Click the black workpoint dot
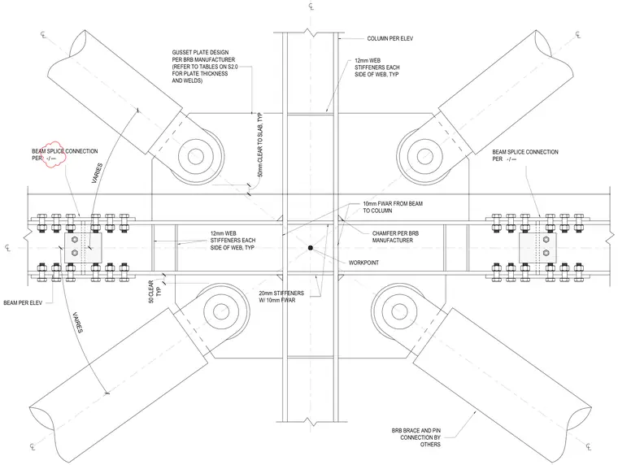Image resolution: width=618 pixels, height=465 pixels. coord(311,248)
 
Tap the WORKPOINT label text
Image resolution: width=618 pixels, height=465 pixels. coord(363,263)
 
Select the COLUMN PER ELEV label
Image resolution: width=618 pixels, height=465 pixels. coord(390,39)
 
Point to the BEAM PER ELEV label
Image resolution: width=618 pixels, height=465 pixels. coord(23,303)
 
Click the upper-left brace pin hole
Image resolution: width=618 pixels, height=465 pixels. coord(195,156)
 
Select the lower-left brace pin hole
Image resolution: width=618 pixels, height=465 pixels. coord(221,312)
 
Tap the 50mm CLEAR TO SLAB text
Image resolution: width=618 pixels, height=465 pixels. coord(259,145)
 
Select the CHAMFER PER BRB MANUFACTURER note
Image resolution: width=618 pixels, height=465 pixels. coord(395,237)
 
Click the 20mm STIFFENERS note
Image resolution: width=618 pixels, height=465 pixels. coord(281,297)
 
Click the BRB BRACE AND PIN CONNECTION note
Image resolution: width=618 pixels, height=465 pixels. coord(416,437)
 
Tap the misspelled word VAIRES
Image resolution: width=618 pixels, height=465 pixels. coord(77,323)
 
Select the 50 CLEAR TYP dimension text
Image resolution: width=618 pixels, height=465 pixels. coord(154,292)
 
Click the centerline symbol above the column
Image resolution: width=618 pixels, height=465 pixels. coord(311,7)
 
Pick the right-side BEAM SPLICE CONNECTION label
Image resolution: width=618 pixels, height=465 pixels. coord(525,155)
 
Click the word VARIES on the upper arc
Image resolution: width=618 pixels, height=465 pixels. coord(97,173)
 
